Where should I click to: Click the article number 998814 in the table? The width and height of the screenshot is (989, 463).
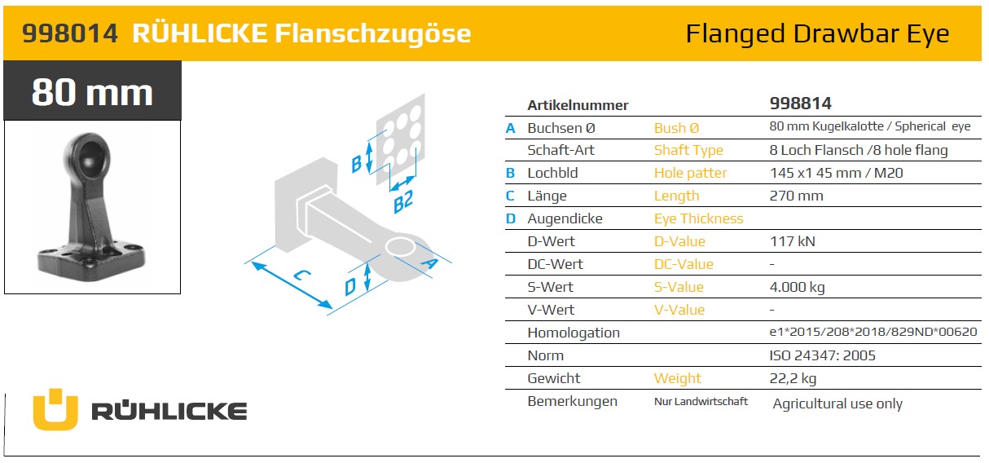(800, 104)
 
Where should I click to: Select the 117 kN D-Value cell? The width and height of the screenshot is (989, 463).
(793, 241)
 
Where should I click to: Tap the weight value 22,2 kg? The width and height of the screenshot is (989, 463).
(793, 378)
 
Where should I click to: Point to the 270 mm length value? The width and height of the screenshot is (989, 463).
(796, 196)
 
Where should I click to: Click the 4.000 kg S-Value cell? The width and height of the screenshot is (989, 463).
(797, 287)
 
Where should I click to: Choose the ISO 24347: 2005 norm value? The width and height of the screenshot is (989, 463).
(822, 355)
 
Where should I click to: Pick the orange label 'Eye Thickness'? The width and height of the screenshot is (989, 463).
(698, 218)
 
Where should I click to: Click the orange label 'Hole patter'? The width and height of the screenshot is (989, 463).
(690, 173)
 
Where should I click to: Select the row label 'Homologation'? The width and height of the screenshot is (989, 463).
(574, 333)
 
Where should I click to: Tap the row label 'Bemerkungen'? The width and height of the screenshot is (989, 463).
(572, 401)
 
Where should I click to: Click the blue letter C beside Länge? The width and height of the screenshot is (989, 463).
(510, 196)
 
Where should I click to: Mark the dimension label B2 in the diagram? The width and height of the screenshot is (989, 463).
(403, 201)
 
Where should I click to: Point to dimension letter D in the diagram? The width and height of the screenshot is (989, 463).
(350, 287)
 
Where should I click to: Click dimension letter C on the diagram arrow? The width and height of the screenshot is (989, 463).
(302, 275)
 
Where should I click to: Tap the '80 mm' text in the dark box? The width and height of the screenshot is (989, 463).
(92, 92)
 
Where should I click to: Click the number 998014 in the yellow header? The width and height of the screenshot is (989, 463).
(70, 33)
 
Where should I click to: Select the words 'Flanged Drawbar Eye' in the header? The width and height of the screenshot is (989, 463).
(817, 33)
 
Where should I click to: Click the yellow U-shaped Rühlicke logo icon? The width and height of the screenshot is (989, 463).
(55, 409)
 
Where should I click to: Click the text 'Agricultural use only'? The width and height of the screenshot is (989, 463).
(837, 403)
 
